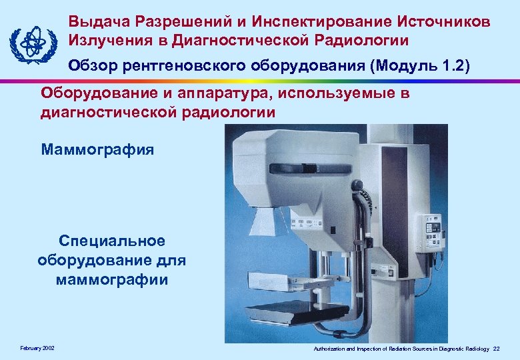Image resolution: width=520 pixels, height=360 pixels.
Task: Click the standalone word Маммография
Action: pos(97,149)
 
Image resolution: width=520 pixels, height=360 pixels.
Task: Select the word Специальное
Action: pos(111,241)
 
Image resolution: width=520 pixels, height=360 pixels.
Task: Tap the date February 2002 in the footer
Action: pos(38,348)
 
